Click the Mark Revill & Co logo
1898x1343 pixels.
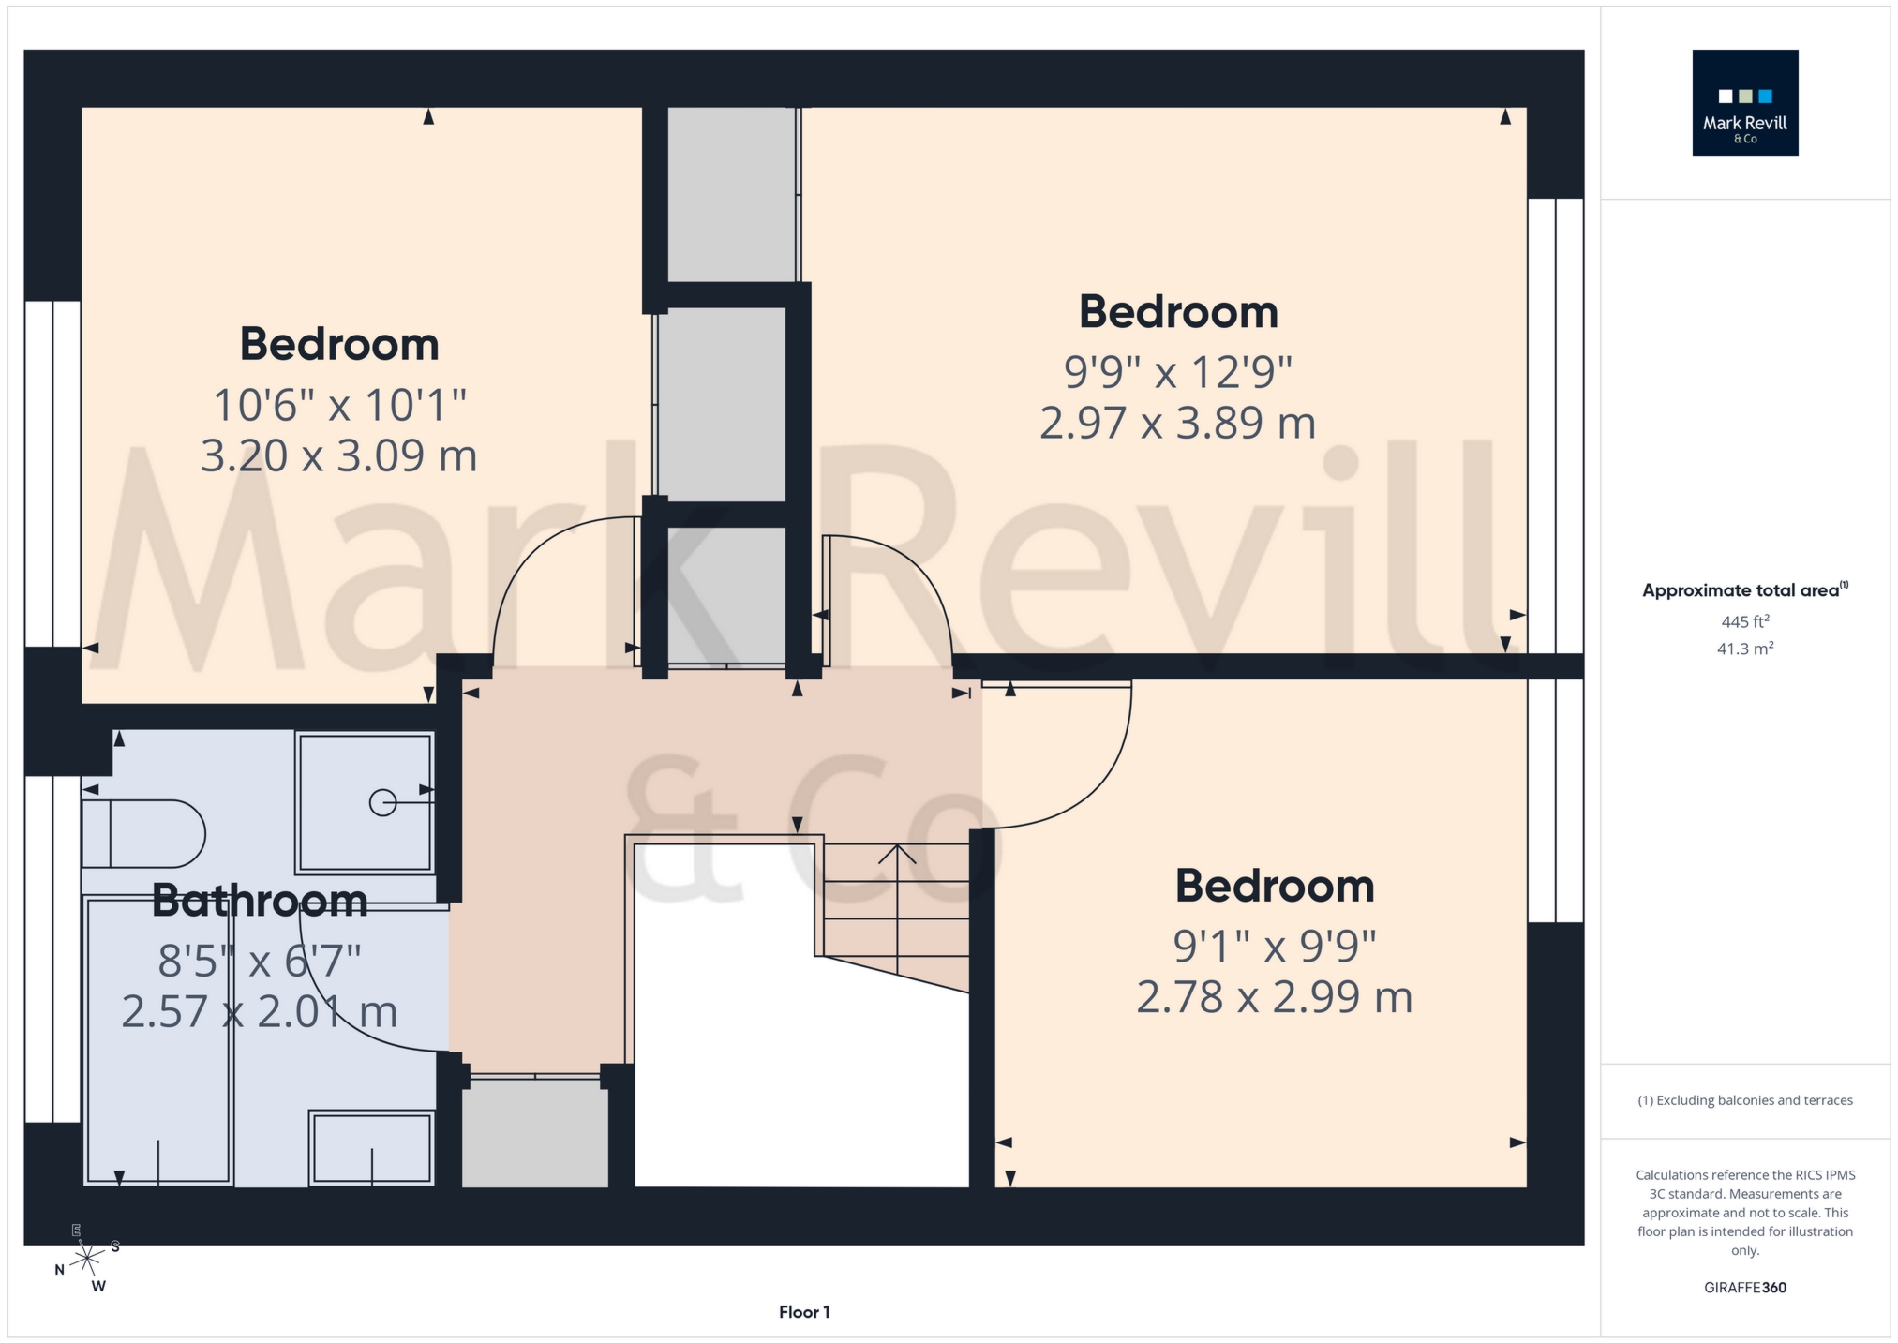1744,102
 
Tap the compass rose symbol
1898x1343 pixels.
87,1257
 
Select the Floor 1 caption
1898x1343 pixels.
804,1312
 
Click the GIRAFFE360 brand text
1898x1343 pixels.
1744,1288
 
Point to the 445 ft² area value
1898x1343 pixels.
1744,621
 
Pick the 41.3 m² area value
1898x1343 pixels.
1744,649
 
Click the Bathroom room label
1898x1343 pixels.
260,901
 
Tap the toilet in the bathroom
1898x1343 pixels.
143,833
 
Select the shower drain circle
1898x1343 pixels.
382,803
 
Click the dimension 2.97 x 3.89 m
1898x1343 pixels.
1177,423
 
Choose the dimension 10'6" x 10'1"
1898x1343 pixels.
339,405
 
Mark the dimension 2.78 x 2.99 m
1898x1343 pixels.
1274,997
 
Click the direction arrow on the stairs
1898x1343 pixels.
897,854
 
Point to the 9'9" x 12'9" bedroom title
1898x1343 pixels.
1178,312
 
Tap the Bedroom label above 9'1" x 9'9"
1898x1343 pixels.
1274,886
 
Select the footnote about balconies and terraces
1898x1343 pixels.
1744,1100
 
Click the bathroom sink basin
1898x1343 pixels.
372,1147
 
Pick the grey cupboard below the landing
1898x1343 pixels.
535,1133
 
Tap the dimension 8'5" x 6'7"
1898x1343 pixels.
260,961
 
